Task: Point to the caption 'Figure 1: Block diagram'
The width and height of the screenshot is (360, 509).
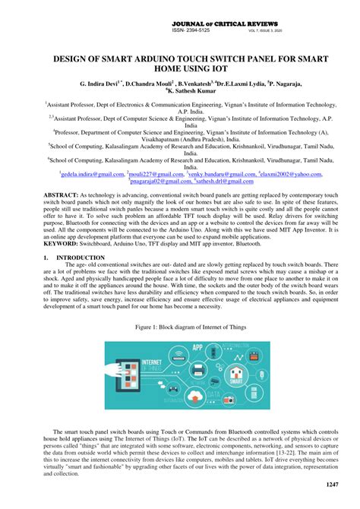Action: click(180, 326)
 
